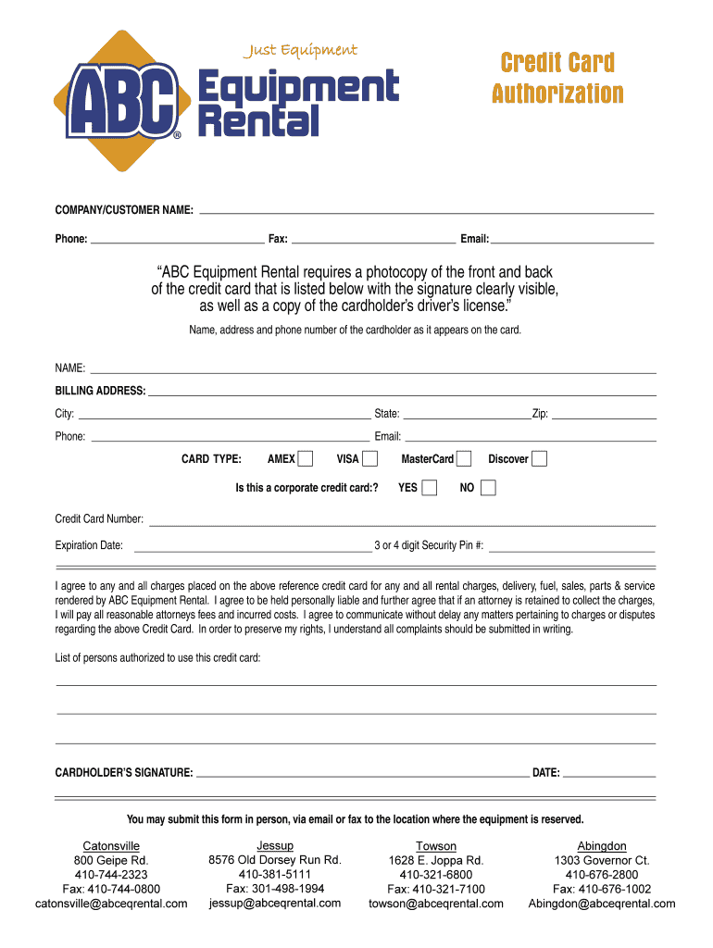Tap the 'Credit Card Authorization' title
pos(557,78)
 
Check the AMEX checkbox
pos(306,458)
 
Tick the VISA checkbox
pos(370,458)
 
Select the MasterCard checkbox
pos(464,458)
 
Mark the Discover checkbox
pos(539,458)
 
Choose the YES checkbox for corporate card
pos(429,487)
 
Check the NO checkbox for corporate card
pos(488,487)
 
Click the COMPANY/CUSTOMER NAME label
pos(124,212)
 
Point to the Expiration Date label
pos(89,545)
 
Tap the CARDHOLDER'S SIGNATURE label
pos(124,772)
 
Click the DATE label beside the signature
pos(545,772)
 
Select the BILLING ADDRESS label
pos(100,391)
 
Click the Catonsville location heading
pos(111,846)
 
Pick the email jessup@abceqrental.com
pos(275,903)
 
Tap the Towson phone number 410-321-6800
pos(435,875)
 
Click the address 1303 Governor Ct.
pos(602,860)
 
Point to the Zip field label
pos(540,414)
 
